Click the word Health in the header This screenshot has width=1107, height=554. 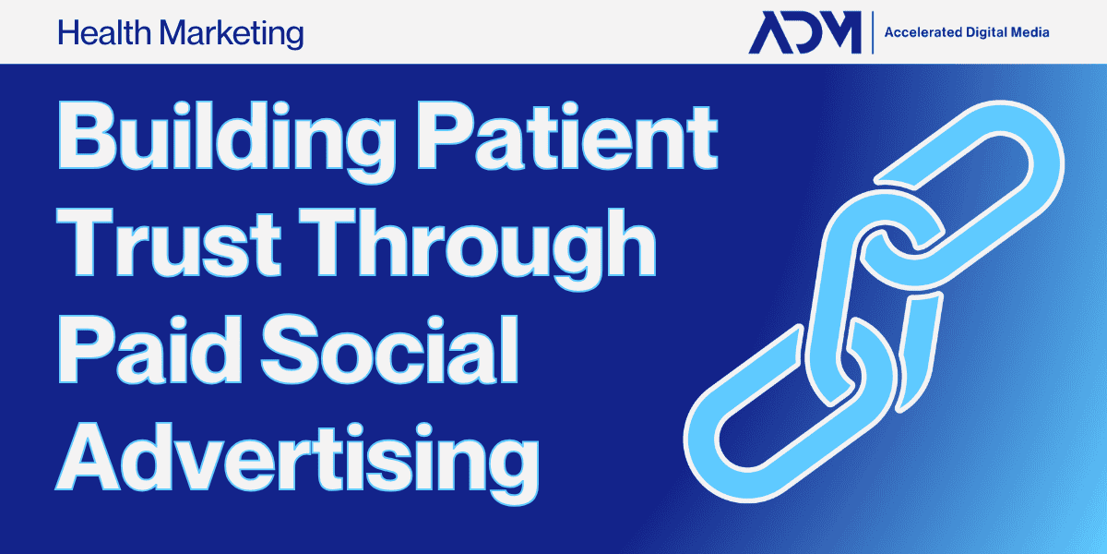point(104,33)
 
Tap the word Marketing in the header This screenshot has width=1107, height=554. point(232,35)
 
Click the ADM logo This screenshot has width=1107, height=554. point(805,32)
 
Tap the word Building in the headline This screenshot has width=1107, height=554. point(227,141)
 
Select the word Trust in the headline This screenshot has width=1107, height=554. point(169,242)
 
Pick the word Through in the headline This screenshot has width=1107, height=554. point(478,248)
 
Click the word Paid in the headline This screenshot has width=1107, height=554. point(150,350)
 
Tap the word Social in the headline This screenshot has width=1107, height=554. point(390,349)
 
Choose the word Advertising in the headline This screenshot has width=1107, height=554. point(297,463)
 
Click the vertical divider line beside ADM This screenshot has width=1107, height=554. point(873,32)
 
